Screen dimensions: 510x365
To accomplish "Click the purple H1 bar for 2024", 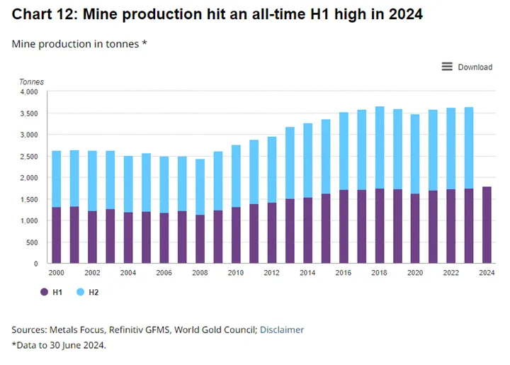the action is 487,225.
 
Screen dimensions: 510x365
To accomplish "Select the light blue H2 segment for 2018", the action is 379,147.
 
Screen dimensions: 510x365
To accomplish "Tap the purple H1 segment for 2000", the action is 56,235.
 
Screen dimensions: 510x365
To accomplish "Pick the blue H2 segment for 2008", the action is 200,187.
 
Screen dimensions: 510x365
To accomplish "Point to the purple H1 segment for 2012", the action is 271,233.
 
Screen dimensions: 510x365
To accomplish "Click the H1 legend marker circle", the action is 44,292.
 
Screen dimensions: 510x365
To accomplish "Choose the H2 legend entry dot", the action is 80,292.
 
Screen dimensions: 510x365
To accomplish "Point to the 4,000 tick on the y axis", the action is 29,92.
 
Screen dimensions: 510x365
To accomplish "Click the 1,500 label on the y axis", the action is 29,200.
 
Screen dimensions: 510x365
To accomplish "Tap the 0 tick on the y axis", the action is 36,264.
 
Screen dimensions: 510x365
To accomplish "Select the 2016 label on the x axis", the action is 344,273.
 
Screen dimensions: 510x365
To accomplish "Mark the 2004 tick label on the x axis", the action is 128,273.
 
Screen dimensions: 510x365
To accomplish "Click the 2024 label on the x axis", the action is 487,273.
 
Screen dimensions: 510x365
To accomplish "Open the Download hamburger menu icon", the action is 447,67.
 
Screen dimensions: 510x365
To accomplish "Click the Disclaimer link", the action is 282,330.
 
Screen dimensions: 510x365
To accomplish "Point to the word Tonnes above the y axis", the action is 31,82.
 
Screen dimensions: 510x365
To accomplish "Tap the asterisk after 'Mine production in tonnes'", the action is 144,43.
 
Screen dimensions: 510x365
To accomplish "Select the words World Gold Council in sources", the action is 215,330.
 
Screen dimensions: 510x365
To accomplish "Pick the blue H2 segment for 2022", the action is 450,149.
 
